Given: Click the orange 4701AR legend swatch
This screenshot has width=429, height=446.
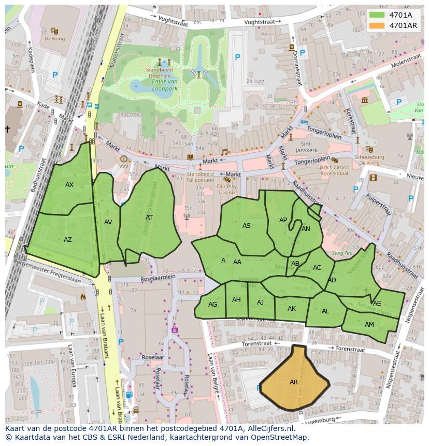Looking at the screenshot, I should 377,25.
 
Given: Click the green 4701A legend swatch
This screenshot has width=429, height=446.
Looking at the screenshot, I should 377,15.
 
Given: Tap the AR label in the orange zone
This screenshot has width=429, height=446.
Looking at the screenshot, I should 294,382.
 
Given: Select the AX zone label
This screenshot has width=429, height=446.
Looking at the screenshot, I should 69,185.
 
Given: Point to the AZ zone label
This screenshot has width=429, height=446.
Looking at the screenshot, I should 68,240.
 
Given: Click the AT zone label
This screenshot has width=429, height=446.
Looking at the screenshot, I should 149,218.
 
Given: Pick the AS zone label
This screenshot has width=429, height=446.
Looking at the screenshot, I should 247,226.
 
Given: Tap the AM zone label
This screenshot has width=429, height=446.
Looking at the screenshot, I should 369,325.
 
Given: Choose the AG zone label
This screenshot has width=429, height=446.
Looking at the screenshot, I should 212,305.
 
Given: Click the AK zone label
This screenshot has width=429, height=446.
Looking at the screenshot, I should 291,309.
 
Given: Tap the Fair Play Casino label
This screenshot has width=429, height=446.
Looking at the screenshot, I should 226,189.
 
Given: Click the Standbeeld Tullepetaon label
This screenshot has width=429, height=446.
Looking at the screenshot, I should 200,178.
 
